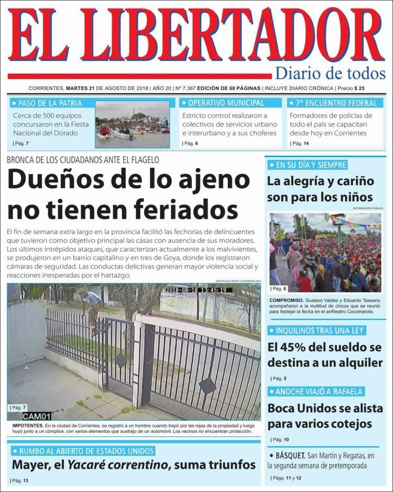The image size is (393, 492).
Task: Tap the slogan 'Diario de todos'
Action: [x=330, y=73]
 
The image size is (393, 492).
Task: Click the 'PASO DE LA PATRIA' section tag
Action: [x=49, y=103]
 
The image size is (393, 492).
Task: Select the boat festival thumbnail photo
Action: [x=132, y=124]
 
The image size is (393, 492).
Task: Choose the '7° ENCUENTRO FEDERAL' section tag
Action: [x=336, y=103]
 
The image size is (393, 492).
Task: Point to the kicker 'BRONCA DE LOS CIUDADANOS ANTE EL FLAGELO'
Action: [x=83, y=159]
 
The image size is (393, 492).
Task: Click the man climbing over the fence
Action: [x=92, y=309]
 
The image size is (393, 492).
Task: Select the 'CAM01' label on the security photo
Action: [x=37, y=416]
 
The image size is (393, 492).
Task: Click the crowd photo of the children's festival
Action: [x=325, y=252]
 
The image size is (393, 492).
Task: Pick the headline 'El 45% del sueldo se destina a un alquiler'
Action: [x=325, y=355]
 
